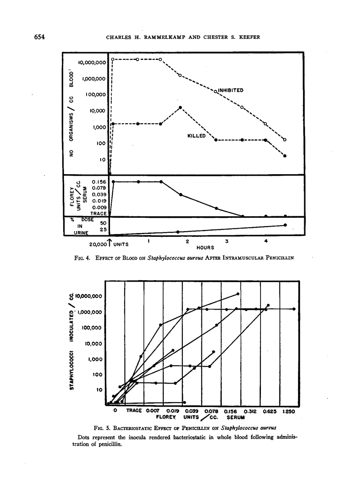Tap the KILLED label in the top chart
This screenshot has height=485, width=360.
click(x=197, y=136)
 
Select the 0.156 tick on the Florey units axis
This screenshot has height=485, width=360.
click(x=99, y=181)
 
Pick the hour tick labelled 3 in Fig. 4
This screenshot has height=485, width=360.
click(x=227, y=241)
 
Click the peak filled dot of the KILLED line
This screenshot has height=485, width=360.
click(x=180, y=108)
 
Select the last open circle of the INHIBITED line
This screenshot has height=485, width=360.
click(x=285, y=140)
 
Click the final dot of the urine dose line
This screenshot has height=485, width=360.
click(x=285, y=225)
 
